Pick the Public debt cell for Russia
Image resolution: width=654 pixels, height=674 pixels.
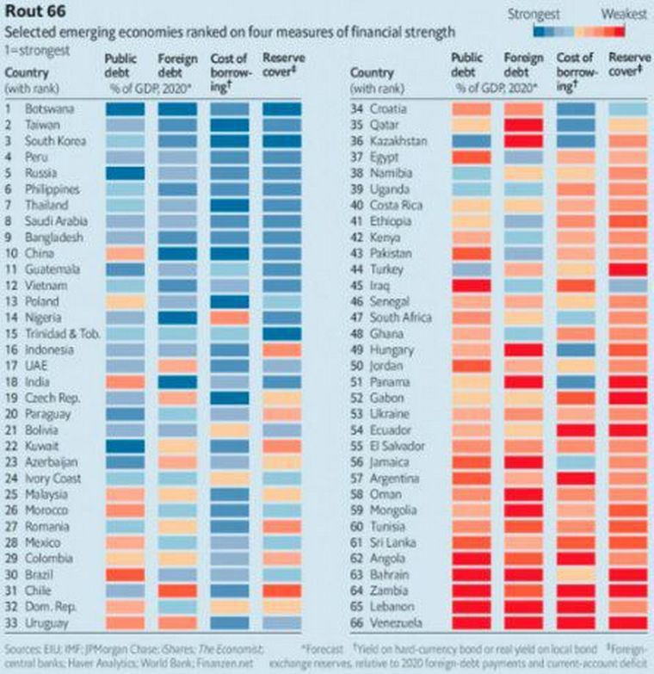pyautogui.click(x=125, y=173)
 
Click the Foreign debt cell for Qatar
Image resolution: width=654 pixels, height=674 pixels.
pyautogui.click(x=524, y=126)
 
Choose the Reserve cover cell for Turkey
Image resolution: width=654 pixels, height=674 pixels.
pyautogui.click(x=628, y=269)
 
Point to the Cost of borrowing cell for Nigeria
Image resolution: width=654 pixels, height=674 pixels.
pyautogui.click(x=230, y=318)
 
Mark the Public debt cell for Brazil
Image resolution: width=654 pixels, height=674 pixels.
pyautogui.click(x=125, y=574)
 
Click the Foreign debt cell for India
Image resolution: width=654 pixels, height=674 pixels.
pyautogui.click(x=177, y=381)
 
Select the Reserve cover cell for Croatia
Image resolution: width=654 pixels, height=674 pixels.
pyautogui.click(x=628, y=109)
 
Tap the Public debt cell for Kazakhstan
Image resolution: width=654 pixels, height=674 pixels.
pyautogui.click(x=472, y=141)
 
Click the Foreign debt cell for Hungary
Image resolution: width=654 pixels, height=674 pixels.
pyautogui.click(x=524, y=349)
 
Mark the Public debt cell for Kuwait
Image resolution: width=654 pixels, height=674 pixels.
pyautogui.click(x=125, y=446)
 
